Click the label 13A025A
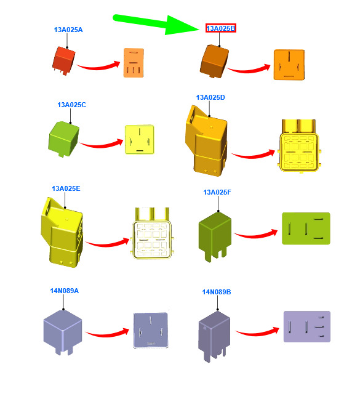(68, 30)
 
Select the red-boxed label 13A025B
(221, 28)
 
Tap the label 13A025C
(72, 105)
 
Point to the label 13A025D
(210, 97)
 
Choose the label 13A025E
(66, 188)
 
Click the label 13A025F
(217, 192)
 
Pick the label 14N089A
(65, 291)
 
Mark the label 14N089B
(217, 292)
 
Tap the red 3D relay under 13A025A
(64, 60)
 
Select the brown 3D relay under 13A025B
(214, 62)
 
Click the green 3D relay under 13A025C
(63, 139)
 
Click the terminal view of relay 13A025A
(134, 63)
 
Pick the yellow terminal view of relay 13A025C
(140, 139)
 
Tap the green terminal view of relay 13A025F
(306, 228)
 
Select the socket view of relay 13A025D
(299, 147)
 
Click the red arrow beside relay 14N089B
(257, 332)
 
